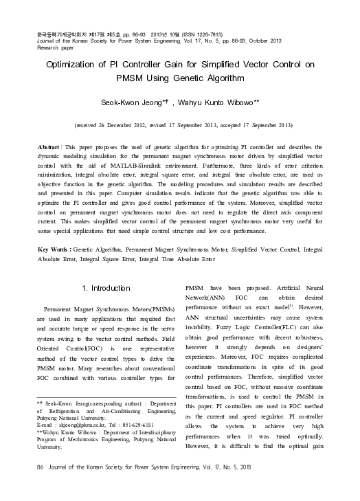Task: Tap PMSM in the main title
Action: click(x=120, y=82)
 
